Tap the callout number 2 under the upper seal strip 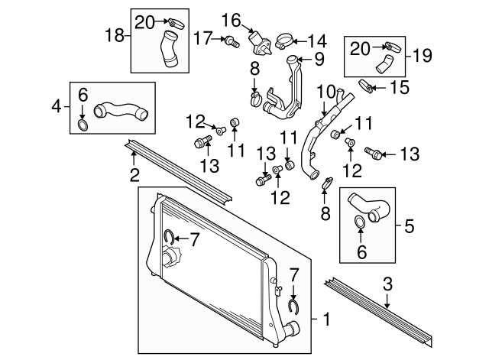coord(134,175)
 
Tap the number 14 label coord(316,39)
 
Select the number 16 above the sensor coord(232,18)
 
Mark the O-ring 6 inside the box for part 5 coord(359,224)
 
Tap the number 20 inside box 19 coord(360,49)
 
